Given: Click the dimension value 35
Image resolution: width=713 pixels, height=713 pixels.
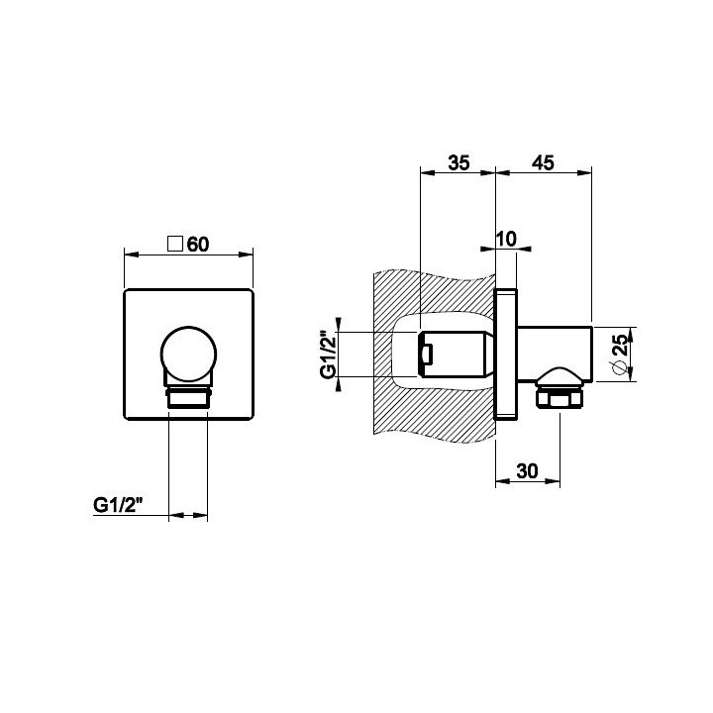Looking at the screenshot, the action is pyautogui.click(x=458, y=162).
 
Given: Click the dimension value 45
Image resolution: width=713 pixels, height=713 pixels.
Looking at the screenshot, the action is pyautogui.click(x=544, y=162).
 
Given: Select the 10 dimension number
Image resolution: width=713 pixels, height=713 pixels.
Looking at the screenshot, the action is pyautogui.click(x=507, y=239).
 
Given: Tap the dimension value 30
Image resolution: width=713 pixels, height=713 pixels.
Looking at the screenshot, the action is pyautogui.click(x=528, y=471).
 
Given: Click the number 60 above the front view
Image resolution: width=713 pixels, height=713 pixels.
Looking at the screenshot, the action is pyautogui.click(x=198, y=245).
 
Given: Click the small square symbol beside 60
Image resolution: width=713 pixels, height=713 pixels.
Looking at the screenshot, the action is pyautogui.click(x=175, y=245).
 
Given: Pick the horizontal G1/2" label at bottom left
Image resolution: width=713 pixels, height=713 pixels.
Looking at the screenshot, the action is pyautogui.click(x=118, y=506).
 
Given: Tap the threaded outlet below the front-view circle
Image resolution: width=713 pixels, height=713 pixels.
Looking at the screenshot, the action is pyautogui.click(x=188, y=397).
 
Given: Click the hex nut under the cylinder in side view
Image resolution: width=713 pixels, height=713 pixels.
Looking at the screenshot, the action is pyautogui.click(x=560, y=398).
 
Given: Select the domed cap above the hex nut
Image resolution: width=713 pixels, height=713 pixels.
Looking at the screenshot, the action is pyautogui.click(x=560, y=376).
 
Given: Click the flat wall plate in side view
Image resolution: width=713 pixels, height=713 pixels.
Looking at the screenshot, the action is pyautogui.click(x=506, y=354).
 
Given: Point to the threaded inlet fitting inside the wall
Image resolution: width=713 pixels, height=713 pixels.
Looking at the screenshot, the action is pyautogui.click(x=454, y=355).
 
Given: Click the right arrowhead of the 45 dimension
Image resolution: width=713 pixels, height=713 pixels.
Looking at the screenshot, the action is pyautogui.click(x=585, y=172).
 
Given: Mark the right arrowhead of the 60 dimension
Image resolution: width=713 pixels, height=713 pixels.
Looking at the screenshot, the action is pyautogui.click(x=246, y=255).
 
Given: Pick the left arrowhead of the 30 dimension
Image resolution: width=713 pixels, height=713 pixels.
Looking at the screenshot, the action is pyautogui.click(x=502, y=481).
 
